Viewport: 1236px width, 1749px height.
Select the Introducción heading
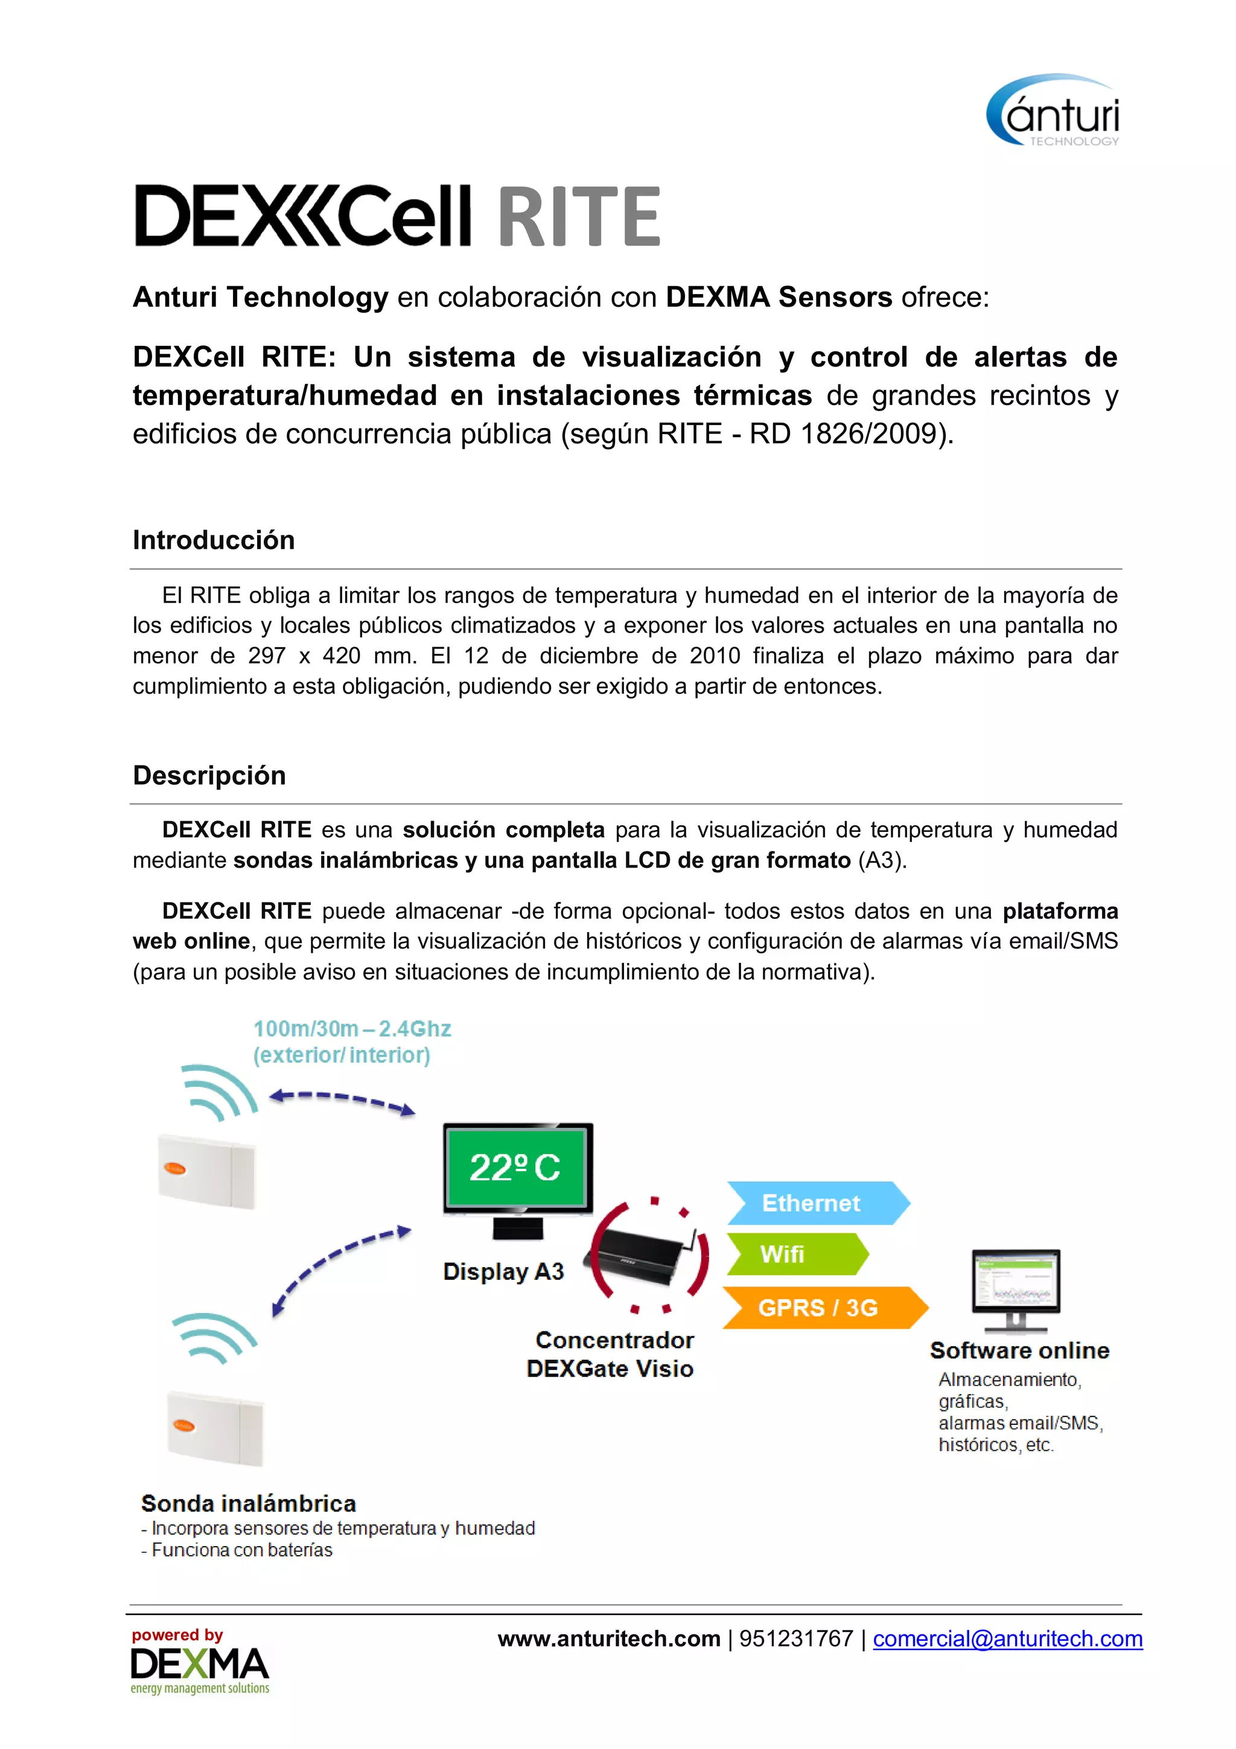pos(213,540)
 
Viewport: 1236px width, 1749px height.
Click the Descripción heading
pos(209,775)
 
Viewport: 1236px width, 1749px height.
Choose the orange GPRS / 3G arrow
pos(823,1307)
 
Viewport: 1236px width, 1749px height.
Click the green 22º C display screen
pos(515,1167)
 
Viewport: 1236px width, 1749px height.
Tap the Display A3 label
pos(503,1271)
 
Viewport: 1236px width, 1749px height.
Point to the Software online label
pos(1019,1350)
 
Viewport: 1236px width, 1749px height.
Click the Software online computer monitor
pos(1016,1287)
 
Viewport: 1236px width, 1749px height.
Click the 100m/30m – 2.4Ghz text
pos(352,1029)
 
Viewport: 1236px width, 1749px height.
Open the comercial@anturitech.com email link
pos(1007,1639)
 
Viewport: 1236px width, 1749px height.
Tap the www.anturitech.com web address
pos(608,1639)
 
